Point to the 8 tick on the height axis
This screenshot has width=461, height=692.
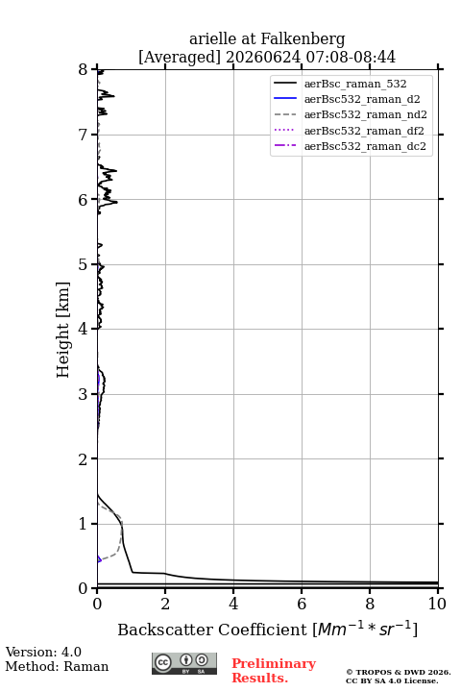(x=84, y=69)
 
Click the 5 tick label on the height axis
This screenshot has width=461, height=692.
(x=84, y=264)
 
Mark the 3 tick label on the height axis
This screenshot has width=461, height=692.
(x=84, y=394)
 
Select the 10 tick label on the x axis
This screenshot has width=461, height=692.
(x=437, y=604)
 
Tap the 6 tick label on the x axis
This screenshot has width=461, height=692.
(x=302, y=604)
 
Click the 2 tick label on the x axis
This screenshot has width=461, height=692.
(x=165, y=604)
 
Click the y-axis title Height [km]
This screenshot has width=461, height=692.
(x=63, y=330)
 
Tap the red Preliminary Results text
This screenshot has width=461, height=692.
(x=274, y=671)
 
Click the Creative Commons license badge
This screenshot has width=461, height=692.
(x=184, y=663)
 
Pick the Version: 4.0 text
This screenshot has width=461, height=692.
(x=43, y=652)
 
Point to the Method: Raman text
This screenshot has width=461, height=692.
(x=57, y=666)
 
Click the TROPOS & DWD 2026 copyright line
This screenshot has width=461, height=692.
(x=399, y=672)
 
